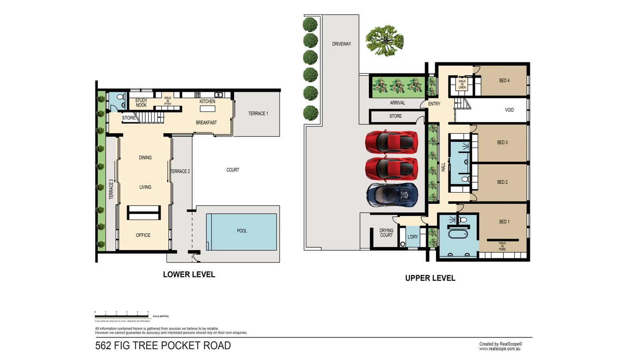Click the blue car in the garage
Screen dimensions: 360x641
coord(392,195)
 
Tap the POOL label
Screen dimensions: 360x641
coord(242,231)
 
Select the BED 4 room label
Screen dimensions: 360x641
coord(504,80)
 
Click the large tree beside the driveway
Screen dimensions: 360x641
coord(384,40)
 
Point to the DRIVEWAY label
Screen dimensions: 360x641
coord(341,44)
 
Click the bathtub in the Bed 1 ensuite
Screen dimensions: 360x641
coord(458,233)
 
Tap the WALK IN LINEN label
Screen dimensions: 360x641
coord(462,84)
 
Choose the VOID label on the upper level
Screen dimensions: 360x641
coord(509,110)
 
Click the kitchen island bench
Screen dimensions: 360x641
coord(208,109)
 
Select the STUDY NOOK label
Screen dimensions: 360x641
coord(141,103)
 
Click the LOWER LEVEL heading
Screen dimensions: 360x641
coord(189,274)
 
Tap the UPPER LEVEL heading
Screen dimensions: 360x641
coord(430,278)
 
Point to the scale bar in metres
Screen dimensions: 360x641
coord(122,316)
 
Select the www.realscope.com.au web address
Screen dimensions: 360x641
coord(500,349)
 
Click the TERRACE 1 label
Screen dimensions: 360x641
coord(258,114)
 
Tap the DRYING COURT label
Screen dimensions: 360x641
coord(386,233)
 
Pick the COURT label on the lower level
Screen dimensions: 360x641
coord(232,170)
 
